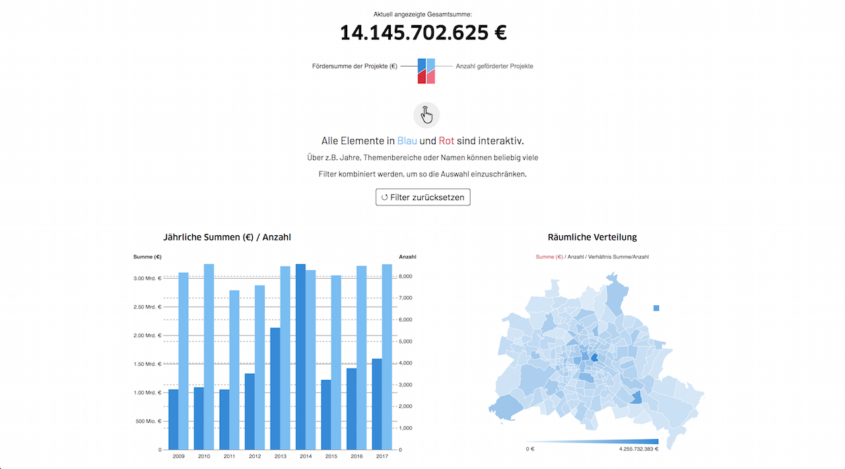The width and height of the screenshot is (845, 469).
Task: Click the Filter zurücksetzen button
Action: pyautogui.click(x=422, y=197)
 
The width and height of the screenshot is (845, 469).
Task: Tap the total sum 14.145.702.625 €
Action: pyautogui.click(x=423, y=32)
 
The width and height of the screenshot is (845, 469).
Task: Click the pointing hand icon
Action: pyautogui.click(x=426, y=115)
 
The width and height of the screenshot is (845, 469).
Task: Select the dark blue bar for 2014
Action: pyautogui.click(x=300, y=357)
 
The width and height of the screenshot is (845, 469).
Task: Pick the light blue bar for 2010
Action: pyautogui.click(x=209, y=357)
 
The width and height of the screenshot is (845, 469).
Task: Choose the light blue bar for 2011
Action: pyautogui.click(x=234, y=370)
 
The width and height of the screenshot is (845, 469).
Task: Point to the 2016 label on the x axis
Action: pyautogui.click(x=356, y=456)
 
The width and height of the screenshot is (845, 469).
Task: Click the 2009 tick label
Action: pyautogui.click(x=178, y=456)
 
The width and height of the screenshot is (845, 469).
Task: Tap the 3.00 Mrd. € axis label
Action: pyautogui.click(x=147, y=279)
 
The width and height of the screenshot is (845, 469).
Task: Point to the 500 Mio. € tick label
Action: pyautogui.click(x=149, y=421)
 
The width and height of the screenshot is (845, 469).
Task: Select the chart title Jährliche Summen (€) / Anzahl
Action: pyautogui.click(x=227, y=237)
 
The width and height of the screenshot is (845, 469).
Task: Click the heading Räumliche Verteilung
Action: pyautogui.click(x=592, y=237)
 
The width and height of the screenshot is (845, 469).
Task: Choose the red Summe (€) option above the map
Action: pyautogui.click(x=549, y=257)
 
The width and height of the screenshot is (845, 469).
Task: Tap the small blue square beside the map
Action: pyautogui.click(x=656, y=308)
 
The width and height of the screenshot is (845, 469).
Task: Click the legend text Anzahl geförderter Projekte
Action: pyautogui.click(x=494, y=66)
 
